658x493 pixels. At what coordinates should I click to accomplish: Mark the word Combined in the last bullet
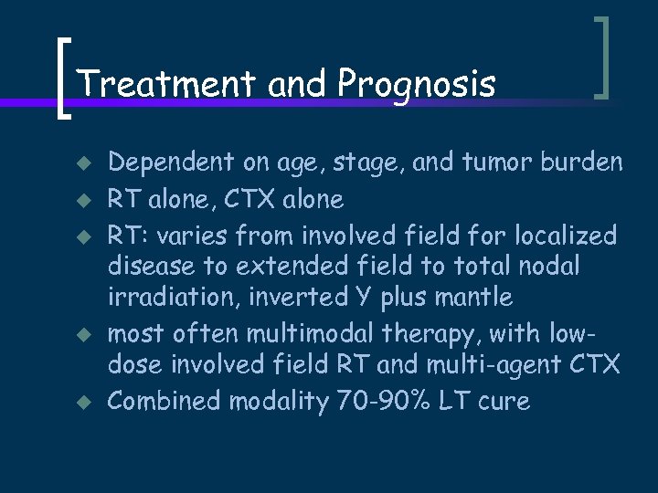coord(164,402)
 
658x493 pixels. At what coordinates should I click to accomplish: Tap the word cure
coord(503,402)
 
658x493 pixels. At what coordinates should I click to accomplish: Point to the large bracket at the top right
coord(601,57)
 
